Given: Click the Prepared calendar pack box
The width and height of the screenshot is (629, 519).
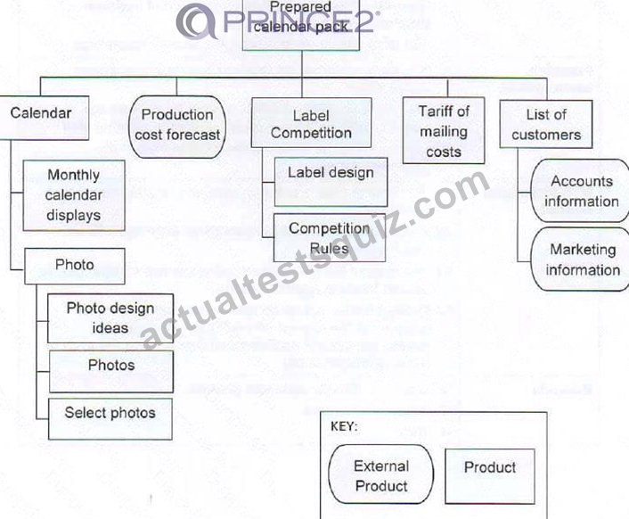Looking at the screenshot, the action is [301, 25].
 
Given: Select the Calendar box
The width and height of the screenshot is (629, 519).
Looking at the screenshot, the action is [45, 118].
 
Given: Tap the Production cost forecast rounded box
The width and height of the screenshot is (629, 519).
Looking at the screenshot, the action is [177, 127].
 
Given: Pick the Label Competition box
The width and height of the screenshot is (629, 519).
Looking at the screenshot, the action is [311, 123].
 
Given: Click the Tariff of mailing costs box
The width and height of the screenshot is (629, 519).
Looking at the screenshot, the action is [444, 130].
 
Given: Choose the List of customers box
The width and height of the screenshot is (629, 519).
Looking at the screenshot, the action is [546, 124].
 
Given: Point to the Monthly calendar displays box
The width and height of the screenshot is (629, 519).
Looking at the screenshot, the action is [74, 195].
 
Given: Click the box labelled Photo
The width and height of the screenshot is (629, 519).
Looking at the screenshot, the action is [75, 266].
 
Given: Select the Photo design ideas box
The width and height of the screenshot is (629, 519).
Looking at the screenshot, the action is [110, 318].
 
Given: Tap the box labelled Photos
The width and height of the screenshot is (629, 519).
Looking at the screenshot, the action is [111, 371].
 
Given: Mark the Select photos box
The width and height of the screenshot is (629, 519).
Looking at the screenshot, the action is [110, 419].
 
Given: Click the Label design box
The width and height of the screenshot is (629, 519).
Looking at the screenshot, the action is [331, 182].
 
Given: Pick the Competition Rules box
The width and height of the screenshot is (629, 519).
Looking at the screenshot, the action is [330, 237].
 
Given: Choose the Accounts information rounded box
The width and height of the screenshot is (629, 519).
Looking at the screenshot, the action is [581, 191].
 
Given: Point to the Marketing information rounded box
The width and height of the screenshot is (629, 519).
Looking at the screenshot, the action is [581, 259].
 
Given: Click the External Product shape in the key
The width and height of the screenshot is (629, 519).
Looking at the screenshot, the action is [381, 474].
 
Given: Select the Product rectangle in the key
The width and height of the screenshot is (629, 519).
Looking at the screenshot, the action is [490, 476].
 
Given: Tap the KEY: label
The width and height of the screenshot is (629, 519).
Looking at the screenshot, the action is [344, 426].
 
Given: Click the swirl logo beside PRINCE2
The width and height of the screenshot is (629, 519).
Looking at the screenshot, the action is [197, 21].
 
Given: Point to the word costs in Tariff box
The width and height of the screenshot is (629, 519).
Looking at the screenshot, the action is [444, 152].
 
